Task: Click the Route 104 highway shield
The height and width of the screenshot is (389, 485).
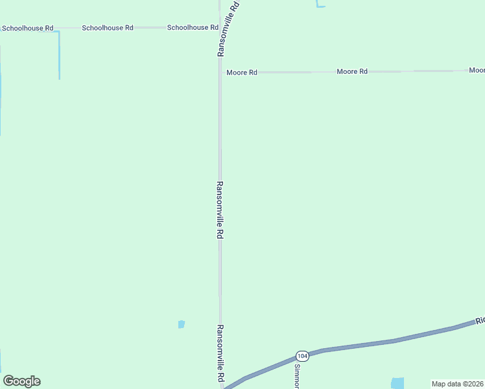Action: pyautogui.click(x=302, y=356)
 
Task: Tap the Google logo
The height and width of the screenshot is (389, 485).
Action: pyautogui.click(x=21, y=381)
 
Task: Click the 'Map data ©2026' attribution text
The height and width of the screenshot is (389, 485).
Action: pyautogui.click(x=457, y=384)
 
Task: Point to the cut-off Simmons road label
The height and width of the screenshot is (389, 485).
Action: pyautogui.click(x=297, y=375)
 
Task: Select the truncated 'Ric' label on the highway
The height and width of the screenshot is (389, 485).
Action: pyautogui.click(x=480, y=321)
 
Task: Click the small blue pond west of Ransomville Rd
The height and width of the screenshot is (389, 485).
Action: pyautogui.click(x=182, y=324)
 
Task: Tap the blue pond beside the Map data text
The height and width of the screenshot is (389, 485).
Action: pyautogui.click(x=397, y=383)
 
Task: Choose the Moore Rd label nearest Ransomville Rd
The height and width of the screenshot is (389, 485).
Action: pyautogui.click(x=242, y=73)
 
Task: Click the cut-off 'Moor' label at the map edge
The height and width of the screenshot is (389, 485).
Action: pyautogui.click(x=477, y=70)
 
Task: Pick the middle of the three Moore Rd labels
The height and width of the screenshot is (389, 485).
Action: pyautogui.click(x=352, y=71)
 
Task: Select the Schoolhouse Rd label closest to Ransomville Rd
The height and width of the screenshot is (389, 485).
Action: pyautogui.click(x=193, y=28)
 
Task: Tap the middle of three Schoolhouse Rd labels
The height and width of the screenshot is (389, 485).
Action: pyautogui.click(x=108, y=28)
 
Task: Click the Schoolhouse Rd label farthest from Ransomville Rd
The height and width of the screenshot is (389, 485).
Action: pyautogui.click(x=27, y=29)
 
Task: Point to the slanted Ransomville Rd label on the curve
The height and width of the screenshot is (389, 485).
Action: pyautogui.click(x=230, y=29)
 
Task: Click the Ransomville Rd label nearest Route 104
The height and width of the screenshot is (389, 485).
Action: pyautogui.click(x=220, y=353)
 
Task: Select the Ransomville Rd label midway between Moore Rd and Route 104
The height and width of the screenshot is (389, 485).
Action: pyautogui.click(x=220, y=210)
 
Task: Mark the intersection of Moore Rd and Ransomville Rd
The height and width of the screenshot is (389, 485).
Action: pyautogui.click(x=220, y=72)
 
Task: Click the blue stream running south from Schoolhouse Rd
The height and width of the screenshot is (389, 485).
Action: pyautogui.click(x=59, y=55)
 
